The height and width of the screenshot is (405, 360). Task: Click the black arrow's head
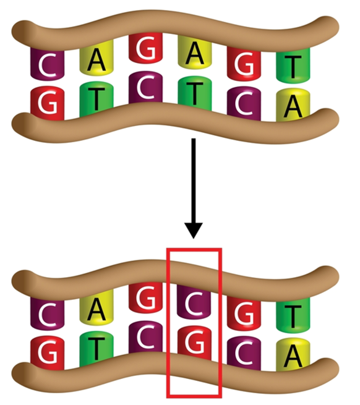(194, 230)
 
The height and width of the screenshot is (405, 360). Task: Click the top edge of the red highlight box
(194, 250)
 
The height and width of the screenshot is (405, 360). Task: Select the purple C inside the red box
(194, 301)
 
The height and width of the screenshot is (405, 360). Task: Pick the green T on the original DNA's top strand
(293, 64)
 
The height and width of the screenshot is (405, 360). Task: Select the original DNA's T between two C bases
(195, 93)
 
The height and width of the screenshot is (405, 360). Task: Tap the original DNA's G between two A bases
(145, 48)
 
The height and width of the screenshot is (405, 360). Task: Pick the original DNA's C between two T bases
(145, 88)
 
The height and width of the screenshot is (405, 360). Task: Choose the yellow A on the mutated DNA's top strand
(96, 308)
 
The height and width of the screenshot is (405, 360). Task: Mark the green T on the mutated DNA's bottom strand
(96, 349)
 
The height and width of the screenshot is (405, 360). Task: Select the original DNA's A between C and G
(96, 58)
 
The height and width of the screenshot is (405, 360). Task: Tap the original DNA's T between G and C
(96, 100)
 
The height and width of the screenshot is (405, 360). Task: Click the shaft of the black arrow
(194, 181)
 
